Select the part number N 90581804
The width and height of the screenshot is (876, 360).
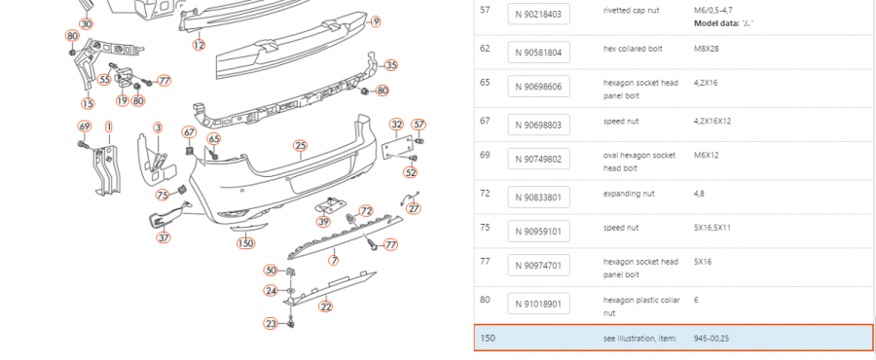(x=538, y=53)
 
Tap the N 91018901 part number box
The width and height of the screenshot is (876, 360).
(x=538, y=305)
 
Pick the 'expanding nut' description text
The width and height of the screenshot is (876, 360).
(x=629, y=195)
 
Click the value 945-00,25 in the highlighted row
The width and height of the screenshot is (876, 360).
(x=712, y=339)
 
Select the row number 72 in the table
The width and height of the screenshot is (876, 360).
(x=485, y=193)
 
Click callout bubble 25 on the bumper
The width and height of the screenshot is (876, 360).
(x=301, y=146)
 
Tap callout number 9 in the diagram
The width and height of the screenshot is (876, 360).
(x=376, y=21)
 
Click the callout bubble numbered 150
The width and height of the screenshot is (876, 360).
(x=246, y=243)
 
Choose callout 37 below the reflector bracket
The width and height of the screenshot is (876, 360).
(x=164, y=237)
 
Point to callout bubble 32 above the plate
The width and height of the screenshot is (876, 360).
(x=397, y=124)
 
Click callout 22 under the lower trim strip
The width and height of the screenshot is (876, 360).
(x=326, y=306)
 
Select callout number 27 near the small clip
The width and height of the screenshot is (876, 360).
(x=414, y=209)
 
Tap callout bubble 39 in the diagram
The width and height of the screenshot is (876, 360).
(x=323, y=222)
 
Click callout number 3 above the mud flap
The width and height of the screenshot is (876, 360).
(x=158, y=128)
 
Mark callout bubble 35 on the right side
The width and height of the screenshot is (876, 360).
(x=391, y=65)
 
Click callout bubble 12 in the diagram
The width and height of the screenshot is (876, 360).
(x=199, y=45)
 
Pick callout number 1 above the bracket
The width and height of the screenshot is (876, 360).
(x=108, y=126)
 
